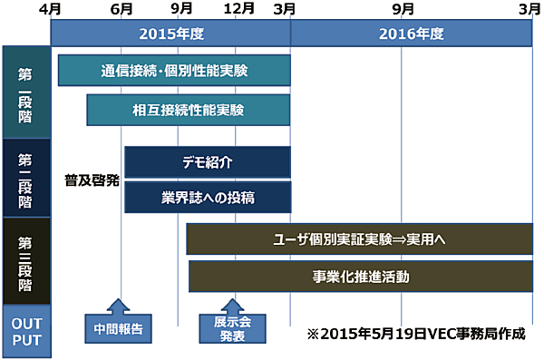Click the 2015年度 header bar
click(x=171, y=34)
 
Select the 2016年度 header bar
click(x=412, y=34)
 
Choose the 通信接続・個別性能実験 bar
click(x=174, y=70)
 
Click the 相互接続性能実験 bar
click(x=189, y=110)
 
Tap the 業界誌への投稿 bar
click(x=208, y=197)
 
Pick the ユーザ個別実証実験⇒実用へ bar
click(x=359, y=239)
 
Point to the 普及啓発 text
click(x=92, y=180)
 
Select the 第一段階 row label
click(x=25, y=92)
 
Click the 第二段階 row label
click(x=25, y=178)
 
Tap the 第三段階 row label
click(x=25, y=262)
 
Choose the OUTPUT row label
click(x=25, y=331)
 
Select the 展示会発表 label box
click(x=234, y=328)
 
